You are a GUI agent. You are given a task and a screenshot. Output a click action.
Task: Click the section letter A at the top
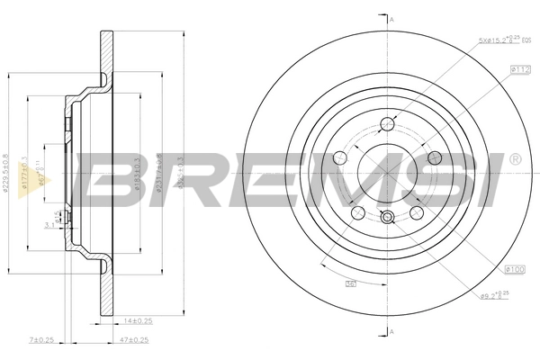(x=391, y=17)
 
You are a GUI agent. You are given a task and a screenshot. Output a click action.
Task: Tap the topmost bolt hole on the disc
(x=389, y=123)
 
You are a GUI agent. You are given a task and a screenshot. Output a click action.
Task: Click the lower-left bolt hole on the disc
(x=357, y=212)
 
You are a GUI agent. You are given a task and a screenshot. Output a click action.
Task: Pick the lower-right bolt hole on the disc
(x=418, y=213)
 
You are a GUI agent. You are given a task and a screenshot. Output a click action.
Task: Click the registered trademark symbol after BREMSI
(x=513, y=159)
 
